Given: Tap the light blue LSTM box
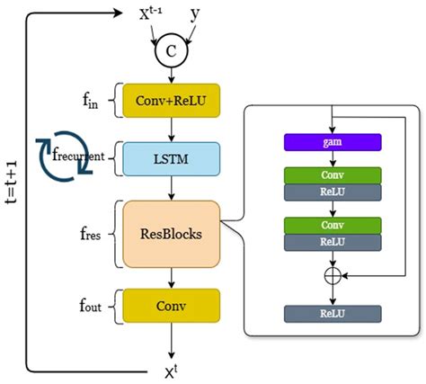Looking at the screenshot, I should click(171, 156).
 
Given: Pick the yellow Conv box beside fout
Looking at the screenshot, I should click(171, 304).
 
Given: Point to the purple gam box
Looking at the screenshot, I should click(333, 142).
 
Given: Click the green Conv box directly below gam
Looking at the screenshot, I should click(333, 175).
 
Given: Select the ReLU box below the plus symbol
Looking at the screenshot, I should click(333, 313).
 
